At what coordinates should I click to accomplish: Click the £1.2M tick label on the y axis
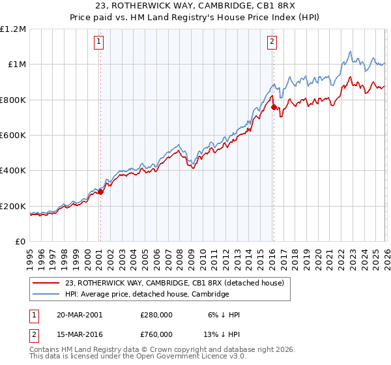point(14,29)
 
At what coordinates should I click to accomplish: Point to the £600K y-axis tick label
point(13,136)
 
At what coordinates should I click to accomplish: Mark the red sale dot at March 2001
point(100,192)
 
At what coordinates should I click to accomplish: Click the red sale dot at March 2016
point(273,108)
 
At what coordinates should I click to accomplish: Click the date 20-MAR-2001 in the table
point(79,315)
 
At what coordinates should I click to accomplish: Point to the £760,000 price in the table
point(156,334)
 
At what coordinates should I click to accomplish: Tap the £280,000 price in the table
point(156,315)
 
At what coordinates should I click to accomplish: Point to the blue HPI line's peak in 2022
point(351,51)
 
